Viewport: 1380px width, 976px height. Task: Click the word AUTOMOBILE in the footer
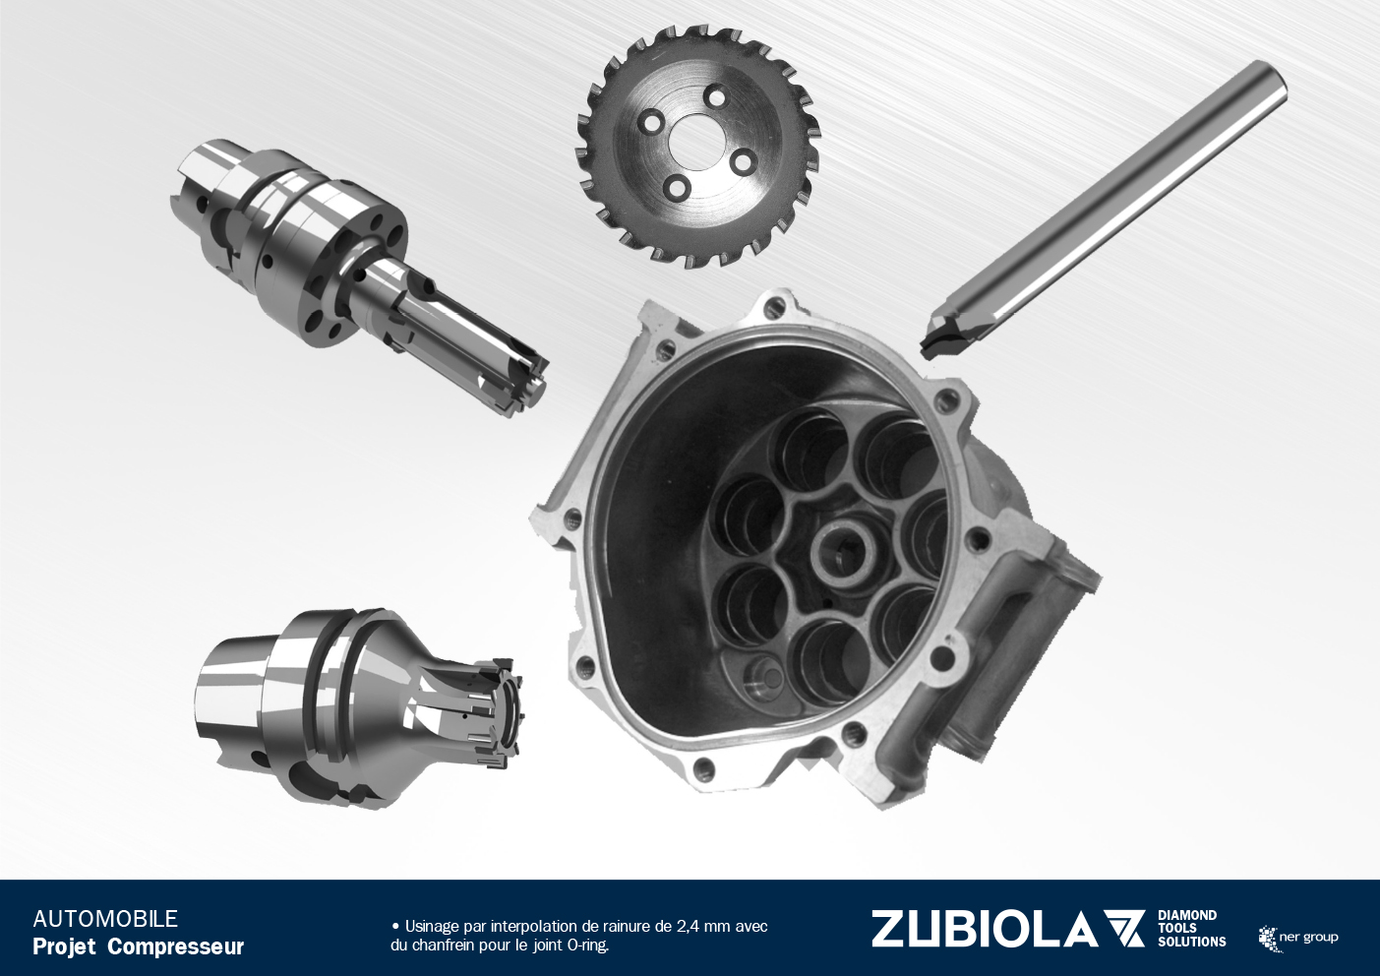coord(105,919)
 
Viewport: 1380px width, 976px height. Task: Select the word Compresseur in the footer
coord(176,946)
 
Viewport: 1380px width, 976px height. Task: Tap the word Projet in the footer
coord(65,947)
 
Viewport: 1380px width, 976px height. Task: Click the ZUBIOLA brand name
coord(984,929)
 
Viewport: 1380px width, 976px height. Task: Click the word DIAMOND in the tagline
coord(1187,916)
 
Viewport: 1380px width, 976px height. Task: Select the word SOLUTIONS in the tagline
coord(1192,943)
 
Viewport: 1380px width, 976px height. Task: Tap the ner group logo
coord(1298,938)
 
